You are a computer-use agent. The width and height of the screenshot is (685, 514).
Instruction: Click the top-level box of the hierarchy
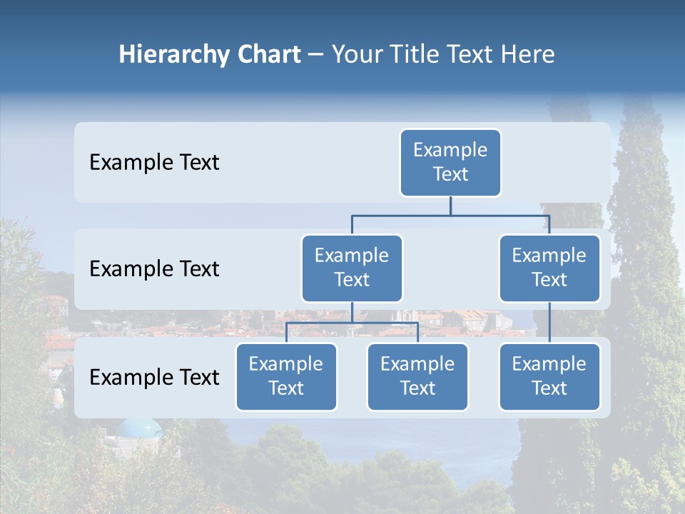(450, 162)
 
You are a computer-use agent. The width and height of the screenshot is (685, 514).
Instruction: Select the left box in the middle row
(352, 268)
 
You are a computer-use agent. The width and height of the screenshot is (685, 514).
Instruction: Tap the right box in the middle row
(549, 268)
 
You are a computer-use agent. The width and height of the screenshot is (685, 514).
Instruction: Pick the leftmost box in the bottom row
(286, 376)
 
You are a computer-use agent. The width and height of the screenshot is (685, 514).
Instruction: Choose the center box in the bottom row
(417, 376)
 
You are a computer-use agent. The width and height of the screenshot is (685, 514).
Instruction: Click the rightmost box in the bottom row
(549, 376)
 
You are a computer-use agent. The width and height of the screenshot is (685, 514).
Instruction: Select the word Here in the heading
(528, 54)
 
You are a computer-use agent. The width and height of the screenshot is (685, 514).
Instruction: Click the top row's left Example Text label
(154, 163)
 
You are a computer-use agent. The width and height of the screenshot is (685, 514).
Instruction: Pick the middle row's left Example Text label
(154, 269)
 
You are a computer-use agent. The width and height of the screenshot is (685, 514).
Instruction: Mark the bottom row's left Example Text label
(154, 378)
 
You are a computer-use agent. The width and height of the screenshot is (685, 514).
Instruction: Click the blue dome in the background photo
(140, 428)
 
